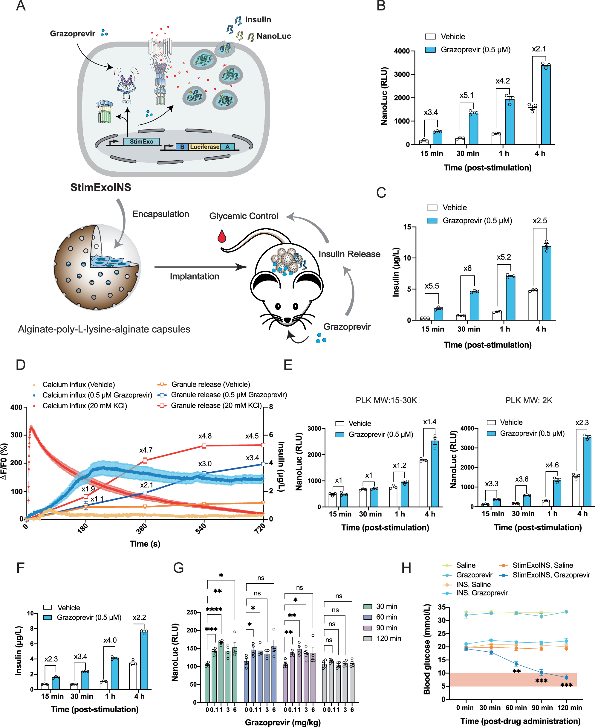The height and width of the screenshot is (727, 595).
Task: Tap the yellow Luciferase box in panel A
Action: click(x=204, y=147)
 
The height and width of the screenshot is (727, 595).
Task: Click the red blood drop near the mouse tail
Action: click(x=222, y=236)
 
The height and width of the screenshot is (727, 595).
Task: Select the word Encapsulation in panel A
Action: click(x=160, y=214)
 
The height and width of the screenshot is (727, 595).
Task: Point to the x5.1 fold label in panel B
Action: click(x=466, y=95)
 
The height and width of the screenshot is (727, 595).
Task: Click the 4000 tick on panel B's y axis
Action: click(x=402, y=51)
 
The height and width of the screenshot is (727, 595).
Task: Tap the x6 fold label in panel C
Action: click(x=467, y=268)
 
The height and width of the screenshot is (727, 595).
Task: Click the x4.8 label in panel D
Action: click(x=205, y=436)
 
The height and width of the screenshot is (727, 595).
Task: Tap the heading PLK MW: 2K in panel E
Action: click(x=529, y=400)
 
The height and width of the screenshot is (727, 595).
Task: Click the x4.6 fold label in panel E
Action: click(x=552, y=465)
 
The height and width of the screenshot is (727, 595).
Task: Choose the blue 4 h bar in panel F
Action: click(x=144, y=660)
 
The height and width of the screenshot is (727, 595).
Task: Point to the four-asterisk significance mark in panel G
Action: click(x=214, y=609)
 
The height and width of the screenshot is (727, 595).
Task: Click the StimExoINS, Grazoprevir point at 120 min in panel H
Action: click(x=566, y=677)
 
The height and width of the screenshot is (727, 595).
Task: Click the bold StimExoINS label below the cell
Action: click(x=100, y=187)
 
